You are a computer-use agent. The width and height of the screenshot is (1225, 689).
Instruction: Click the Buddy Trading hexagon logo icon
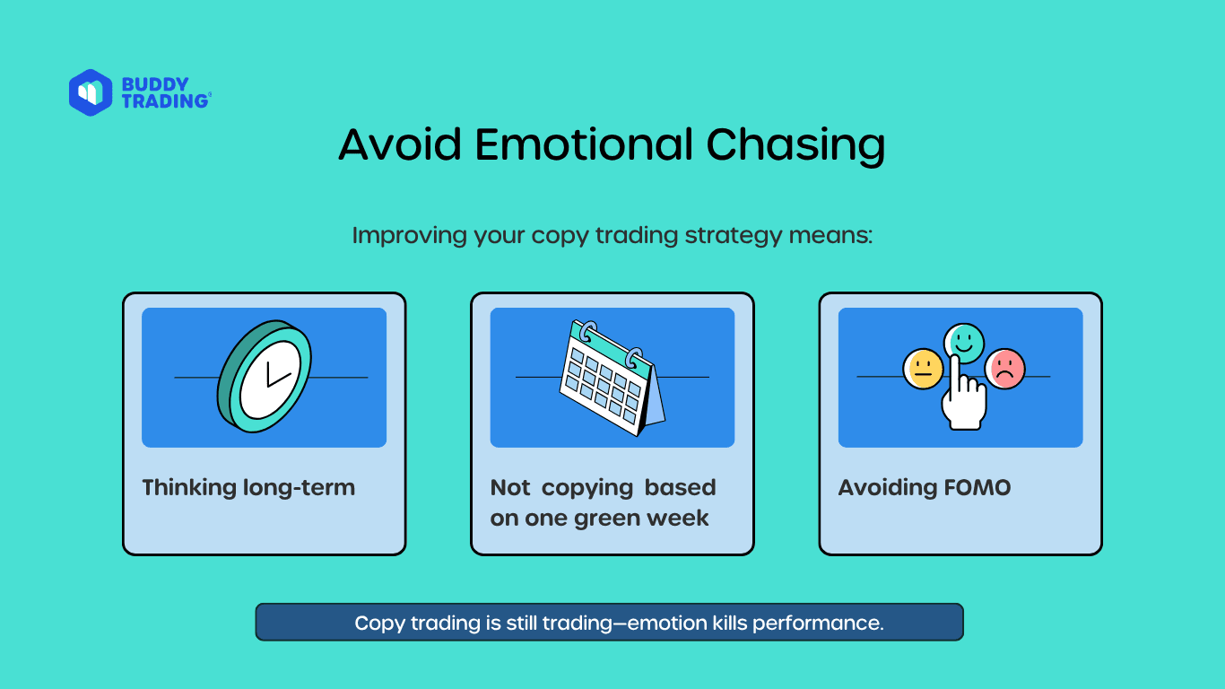click(91, 92)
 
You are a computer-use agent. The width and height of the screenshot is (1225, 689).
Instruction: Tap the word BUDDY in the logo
click(155, 84)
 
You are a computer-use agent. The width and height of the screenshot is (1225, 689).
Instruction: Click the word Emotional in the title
click(584, 144)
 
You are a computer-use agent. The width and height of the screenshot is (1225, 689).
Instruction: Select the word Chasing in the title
click(795, 145)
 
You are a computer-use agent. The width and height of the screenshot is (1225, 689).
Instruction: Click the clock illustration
click(265, 377)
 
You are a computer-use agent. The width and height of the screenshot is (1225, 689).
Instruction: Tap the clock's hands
click(278, 374)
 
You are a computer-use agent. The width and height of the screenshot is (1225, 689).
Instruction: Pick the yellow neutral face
click(923, 370)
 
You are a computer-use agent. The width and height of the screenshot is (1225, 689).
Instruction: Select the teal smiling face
click(964, 343)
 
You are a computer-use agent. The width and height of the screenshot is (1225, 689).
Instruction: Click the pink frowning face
click(1005, 369)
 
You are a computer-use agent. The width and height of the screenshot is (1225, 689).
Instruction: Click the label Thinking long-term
click(248, 488)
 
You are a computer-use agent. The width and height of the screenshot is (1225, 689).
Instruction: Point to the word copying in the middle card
click(587, 488)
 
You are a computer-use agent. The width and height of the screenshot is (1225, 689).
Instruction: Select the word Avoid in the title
click(400, 144)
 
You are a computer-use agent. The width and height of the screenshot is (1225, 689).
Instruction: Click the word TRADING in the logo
click(165, 101)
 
